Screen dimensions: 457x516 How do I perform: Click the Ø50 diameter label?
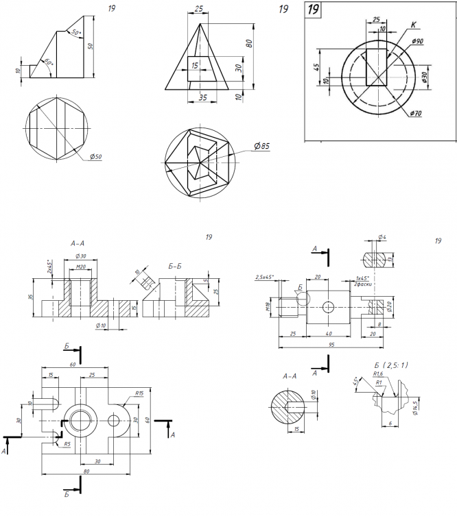click(96, 157)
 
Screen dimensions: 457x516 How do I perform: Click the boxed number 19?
click(314, 10)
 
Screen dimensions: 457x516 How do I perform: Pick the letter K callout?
click(413, 25)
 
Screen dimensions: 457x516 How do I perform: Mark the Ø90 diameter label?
click(417, 42)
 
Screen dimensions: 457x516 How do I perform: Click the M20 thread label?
click(81, 266)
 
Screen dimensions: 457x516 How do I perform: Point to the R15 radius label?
click(139, 393)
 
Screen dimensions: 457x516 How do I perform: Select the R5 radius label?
click(67, 445)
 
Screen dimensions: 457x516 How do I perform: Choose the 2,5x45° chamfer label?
click(265, 278)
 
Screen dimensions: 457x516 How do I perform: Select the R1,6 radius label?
click(378, 374)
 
